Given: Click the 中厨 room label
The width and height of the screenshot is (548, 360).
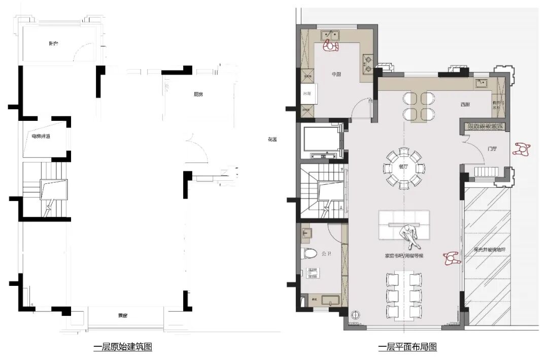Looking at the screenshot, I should (336, 74).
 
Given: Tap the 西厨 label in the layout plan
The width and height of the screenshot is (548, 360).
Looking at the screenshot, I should (465, 104).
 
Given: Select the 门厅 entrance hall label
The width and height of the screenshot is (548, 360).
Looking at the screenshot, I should (491, 149).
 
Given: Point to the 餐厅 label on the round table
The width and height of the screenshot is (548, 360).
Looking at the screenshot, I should (404, 166).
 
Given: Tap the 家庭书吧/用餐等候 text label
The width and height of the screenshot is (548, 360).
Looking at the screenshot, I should (404, 255).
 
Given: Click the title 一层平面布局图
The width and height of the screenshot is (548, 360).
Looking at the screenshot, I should (407, 347).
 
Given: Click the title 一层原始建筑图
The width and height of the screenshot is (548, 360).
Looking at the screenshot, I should (123, 347).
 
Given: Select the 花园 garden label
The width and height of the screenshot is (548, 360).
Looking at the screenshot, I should (273, 140).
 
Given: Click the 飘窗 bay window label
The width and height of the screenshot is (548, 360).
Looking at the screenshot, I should (123, 316).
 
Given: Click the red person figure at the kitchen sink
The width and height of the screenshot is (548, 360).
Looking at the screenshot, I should (332, 47).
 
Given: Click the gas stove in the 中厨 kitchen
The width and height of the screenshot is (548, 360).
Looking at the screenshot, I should (367, 63).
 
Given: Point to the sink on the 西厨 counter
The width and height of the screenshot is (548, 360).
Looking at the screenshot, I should (480, 82).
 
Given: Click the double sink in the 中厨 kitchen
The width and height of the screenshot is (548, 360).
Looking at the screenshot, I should (331, 35).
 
